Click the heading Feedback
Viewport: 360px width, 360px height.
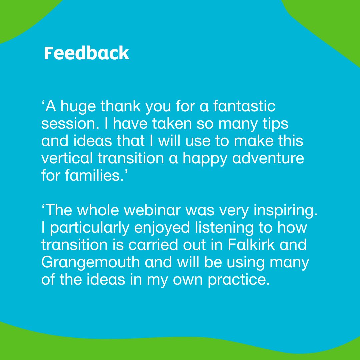[86, 54]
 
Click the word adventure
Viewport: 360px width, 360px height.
[268, 158]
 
